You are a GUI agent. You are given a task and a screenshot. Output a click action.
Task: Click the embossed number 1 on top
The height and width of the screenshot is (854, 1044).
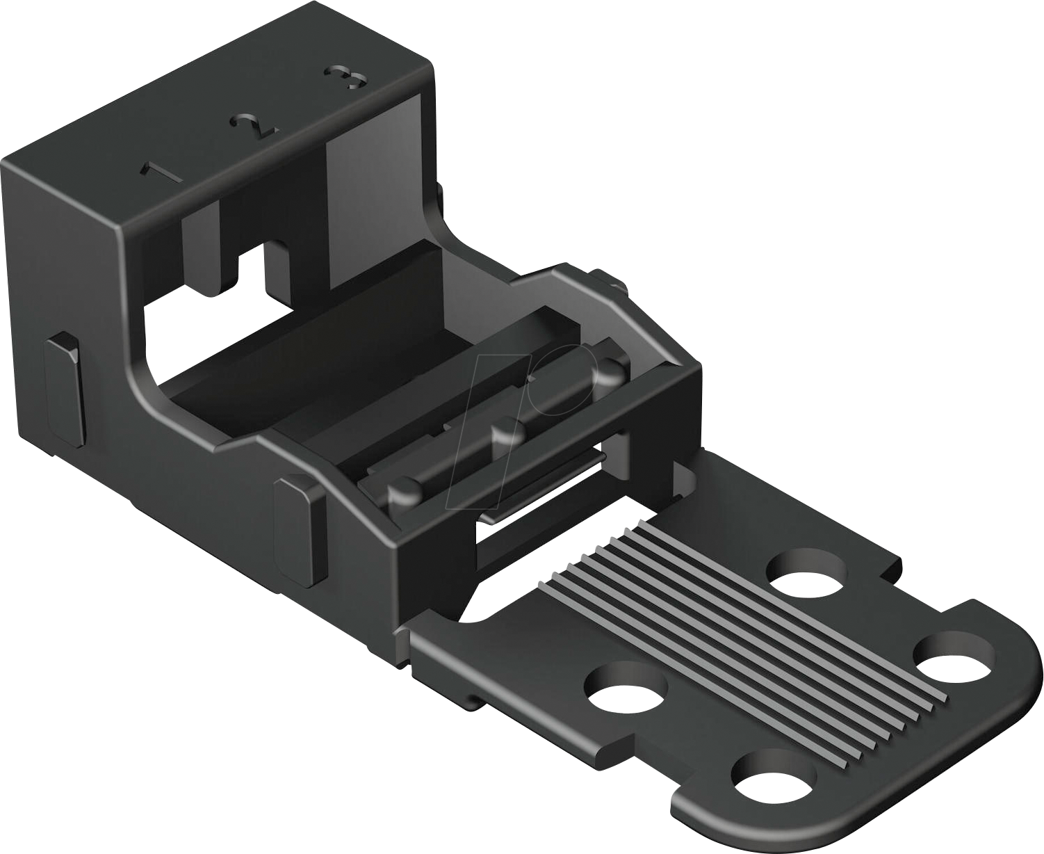coord(161,172)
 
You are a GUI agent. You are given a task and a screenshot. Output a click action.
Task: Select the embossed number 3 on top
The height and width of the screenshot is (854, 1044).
coord(346,77)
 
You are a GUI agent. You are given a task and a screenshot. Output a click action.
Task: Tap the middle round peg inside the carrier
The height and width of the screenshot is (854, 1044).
coord(508,435)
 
